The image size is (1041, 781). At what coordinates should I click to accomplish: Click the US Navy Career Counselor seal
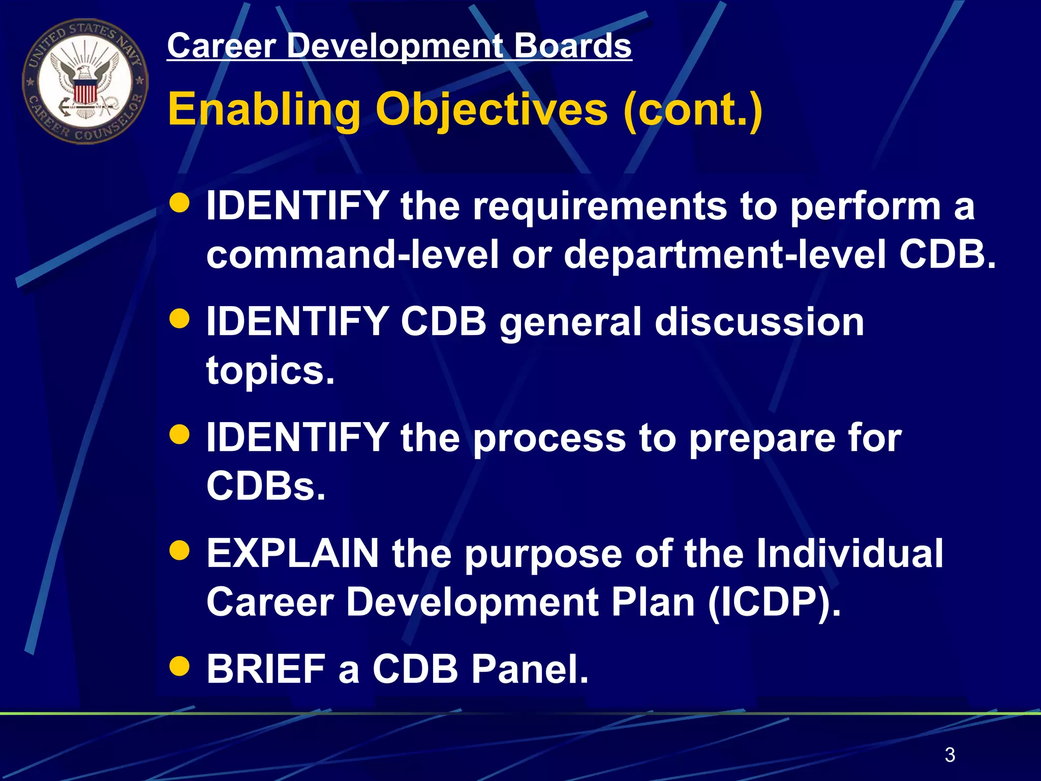click(85, 81)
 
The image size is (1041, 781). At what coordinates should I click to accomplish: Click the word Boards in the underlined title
click(572, 46)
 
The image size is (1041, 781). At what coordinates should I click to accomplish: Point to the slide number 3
click(950, 755)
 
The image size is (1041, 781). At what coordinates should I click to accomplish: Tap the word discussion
click(759, 322)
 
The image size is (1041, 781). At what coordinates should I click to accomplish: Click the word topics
click(270, 370)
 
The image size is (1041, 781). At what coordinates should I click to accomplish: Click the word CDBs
click(265, 486)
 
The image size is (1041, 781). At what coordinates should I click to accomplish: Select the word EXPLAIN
click(293, 553)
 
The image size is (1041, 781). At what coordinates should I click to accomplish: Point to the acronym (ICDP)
click(774, 602)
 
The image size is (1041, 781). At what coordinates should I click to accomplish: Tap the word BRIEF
click(266, 669)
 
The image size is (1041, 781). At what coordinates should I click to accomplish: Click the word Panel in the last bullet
click(530, 669)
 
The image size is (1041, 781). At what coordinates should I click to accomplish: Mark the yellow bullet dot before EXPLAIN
click(179, 550)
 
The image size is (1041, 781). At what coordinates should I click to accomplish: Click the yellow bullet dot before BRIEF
click(179, 666)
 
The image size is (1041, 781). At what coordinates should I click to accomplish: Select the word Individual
click(849, 553)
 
